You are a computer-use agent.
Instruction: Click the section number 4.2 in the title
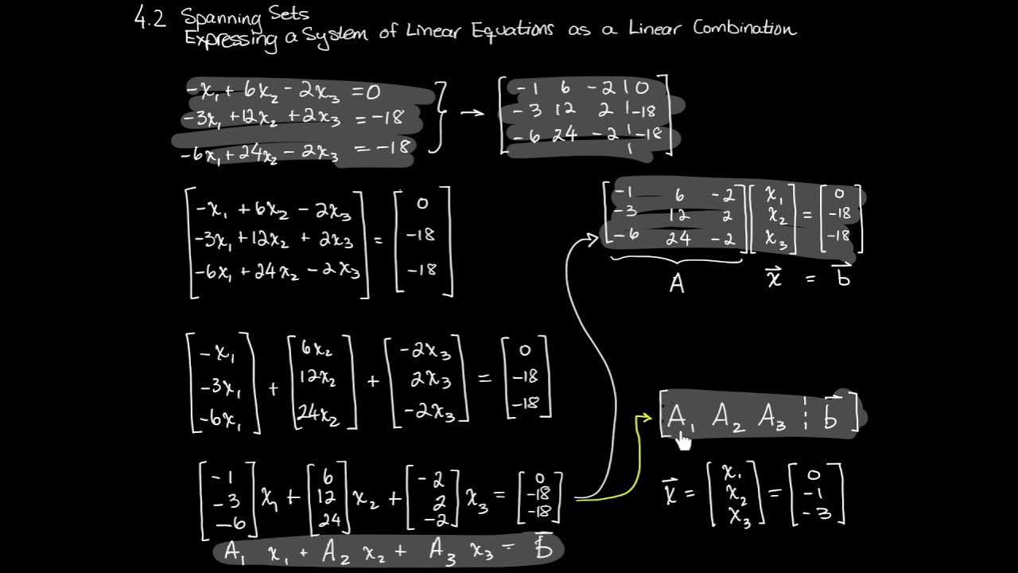(150, 18)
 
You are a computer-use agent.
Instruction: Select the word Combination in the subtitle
(744, 29)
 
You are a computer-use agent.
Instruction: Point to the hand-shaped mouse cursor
(682, 440)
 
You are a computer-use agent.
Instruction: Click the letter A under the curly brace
(677, 282)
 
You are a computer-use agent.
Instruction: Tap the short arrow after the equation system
(472, 113)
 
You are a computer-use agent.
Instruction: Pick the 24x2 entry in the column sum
(317, 411)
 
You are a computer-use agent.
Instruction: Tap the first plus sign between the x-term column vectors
(274, 388)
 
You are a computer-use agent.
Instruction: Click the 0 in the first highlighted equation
(372, 92)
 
